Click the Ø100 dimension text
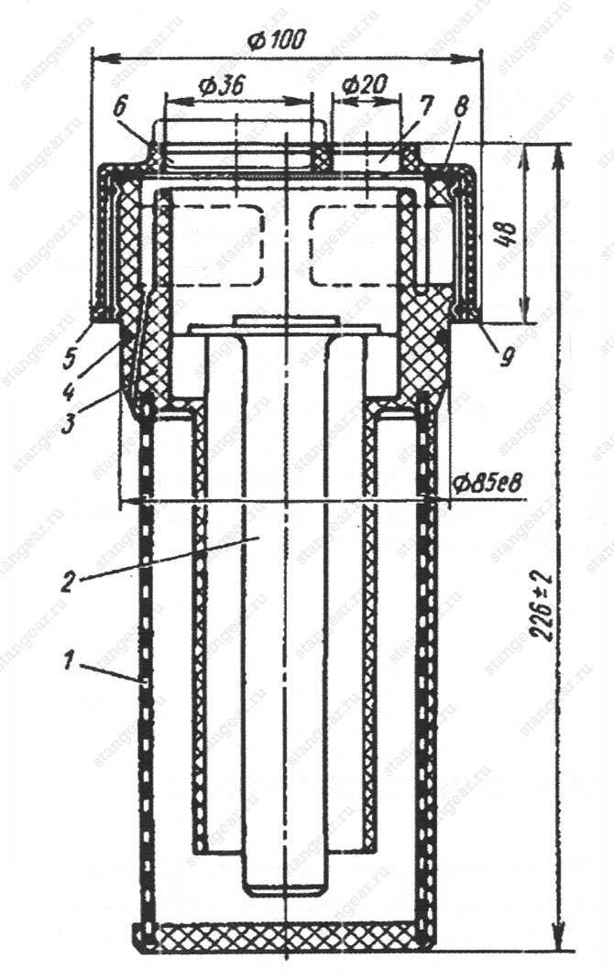click(x=277, y=40)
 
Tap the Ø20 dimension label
click(x=366, y=83)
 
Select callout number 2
click(x=68, y=582)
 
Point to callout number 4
click(x=69, y=392)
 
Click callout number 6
click(x=119, y=106)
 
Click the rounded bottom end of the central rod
click(x=285, y=889)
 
